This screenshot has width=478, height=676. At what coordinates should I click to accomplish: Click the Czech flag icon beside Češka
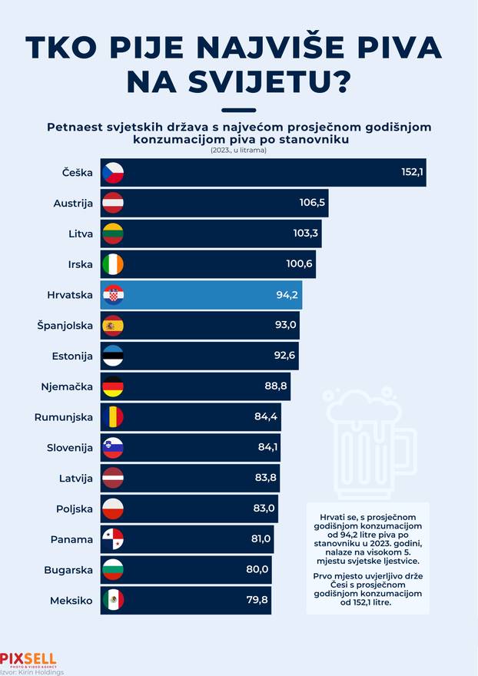click(x=113, y=173)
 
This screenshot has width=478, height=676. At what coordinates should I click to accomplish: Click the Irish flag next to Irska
click(x=113, y=264)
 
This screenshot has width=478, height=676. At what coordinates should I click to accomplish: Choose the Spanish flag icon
click(x=113, y=326)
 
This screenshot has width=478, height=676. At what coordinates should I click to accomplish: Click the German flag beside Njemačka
click(x=113, y=386)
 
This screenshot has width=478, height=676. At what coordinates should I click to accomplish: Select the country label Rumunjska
click(x=64, y=417)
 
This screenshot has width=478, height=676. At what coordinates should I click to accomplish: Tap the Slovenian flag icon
click(x=113, y=448)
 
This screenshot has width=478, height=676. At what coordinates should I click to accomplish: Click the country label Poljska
click(x=75, y=509)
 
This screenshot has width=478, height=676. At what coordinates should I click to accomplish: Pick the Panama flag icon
click(x=113, y=539)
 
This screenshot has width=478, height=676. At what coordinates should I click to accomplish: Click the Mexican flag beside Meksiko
click(x=113, y=600)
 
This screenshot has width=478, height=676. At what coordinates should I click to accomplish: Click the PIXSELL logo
click(x=28, y=659)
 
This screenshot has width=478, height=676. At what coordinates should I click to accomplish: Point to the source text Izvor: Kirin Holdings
click(x=32, y=671)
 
